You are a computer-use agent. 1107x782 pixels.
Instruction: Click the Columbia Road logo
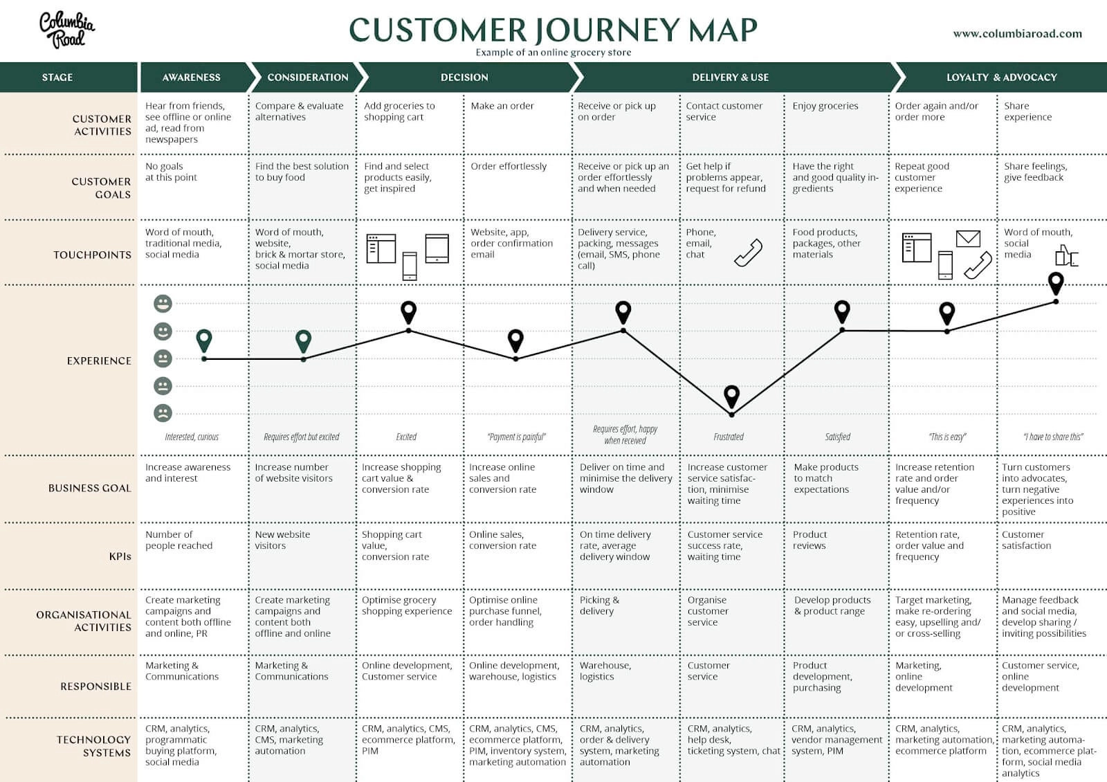click(66, 30)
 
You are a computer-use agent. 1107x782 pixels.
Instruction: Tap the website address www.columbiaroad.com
click(1017, 33)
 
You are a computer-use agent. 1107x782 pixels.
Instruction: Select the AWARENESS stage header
click(192, 78)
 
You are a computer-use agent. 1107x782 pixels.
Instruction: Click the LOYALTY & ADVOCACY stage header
click(1001, 78)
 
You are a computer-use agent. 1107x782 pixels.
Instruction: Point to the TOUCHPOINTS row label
click(92, 255)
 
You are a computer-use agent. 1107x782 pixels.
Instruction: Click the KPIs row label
click(120, 556)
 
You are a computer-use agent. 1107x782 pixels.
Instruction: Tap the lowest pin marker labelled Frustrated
click(731, 397)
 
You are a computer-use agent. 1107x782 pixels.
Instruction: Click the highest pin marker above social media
click(1055, 283)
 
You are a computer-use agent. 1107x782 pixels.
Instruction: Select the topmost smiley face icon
click(163, 304)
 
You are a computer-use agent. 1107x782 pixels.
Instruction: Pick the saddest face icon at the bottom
click(163, 413)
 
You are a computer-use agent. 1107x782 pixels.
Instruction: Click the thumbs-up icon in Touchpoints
click(1065, 256)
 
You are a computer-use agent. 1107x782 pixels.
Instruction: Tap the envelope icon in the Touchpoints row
click(968, 239)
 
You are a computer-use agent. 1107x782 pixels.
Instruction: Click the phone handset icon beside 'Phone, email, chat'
click(748, 253)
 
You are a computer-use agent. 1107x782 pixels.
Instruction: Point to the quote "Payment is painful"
click(516, 437)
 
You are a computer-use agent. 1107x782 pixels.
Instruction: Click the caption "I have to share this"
click(1053, 437)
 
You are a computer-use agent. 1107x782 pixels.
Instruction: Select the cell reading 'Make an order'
click(502, 106)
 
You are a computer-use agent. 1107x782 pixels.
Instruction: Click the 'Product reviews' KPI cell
click(809, 540)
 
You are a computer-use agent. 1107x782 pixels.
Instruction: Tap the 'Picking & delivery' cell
click(599, 606)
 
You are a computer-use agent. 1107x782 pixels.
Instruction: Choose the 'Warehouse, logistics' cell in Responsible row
click(605, 671)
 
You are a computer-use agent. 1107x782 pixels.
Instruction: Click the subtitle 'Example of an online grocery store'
click(553, 53)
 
